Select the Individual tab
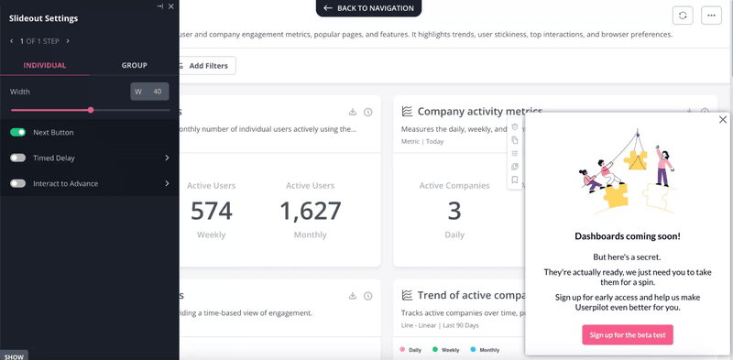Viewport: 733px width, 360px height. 45,65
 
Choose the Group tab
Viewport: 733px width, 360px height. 134,65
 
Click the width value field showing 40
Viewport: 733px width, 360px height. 150,92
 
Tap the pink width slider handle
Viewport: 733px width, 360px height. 91,110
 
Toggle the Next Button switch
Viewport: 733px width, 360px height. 17,133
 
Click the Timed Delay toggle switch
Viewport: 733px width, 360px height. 17,158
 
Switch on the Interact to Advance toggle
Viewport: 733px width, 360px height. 17,184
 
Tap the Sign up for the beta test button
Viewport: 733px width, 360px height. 628,335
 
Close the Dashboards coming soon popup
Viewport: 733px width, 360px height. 723,120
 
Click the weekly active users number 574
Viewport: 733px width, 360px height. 211,212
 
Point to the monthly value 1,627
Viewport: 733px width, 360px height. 310,212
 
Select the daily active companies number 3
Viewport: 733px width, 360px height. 454,212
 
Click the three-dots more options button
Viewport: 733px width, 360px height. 712,15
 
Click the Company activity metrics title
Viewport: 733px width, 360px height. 479,112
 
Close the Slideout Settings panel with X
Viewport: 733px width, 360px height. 171,6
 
